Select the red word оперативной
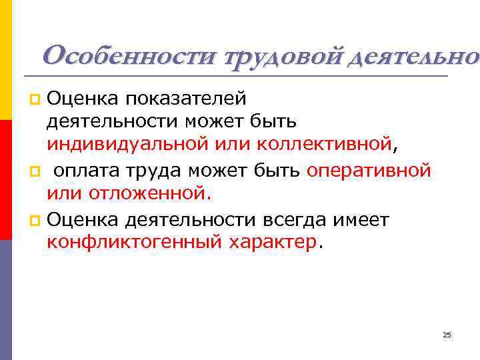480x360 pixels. click(x=369, y=171)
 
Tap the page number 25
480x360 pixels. click(x=447, y=335)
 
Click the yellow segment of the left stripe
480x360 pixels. click(x=5, y=60)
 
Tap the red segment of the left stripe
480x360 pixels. click(x=5, y=180)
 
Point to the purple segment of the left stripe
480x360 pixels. click(x=5, y=300)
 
